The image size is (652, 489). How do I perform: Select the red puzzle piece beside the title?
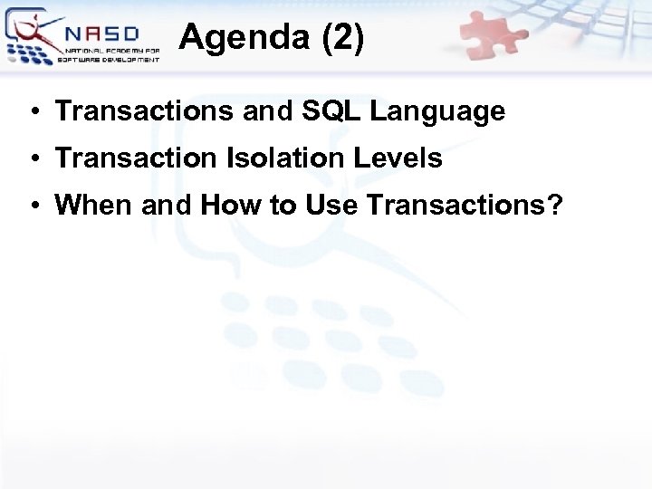pos(494,36)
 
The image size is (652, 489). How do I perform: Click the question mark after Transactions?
pos(554,206)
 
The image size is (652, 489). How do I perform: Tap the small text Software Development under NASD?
pos(109,59)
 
